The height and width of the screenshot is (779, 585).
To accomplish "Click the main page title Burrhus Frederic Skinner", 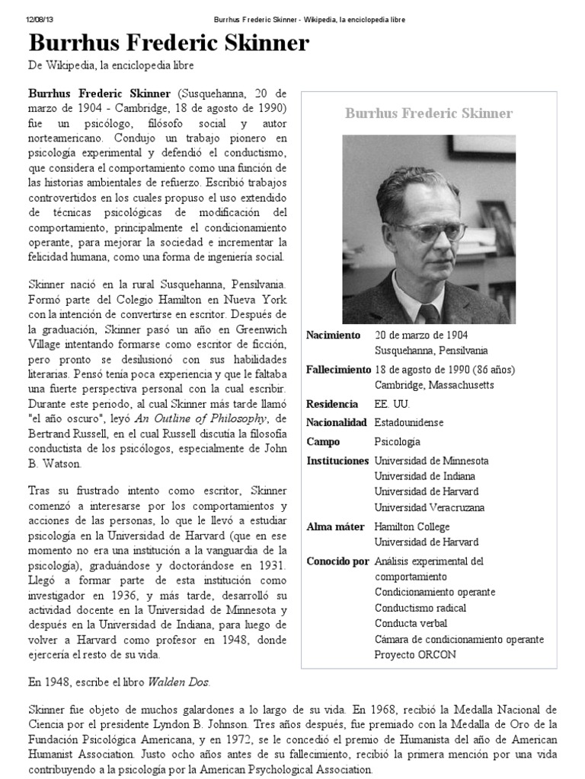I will (168, 44).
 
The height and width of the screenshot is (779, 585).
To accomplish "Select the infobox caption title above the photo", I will (428, 113).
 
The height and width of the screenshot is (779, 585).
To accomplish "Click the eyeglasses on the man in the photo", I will (428, 231).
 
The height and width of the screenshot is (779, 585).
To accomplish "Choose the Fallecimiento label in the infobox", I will (337, 370).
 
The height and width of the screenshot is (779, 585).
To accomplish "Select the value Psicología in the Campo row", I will (397, 441).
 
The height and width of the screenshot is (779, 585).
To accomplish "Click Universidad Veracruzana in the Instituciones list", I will (429, 507).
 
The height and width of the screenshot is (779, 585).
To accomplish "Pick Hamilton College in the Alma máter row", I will (412, 526).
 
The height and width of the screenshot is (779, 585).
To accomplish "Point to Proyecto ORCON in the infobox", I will (414, 654).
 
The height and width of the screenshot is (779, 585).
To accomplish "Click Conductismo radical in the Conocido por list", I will (420, 608).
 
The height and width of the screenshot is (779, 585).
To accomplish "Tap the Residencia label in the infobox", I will (331, 404).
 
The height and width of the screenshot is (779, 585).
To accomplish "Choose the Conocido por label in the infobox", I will (337, 561).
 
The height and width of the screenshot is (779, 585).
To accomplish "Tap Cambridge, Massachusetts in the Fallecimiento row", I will (434, 385).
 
